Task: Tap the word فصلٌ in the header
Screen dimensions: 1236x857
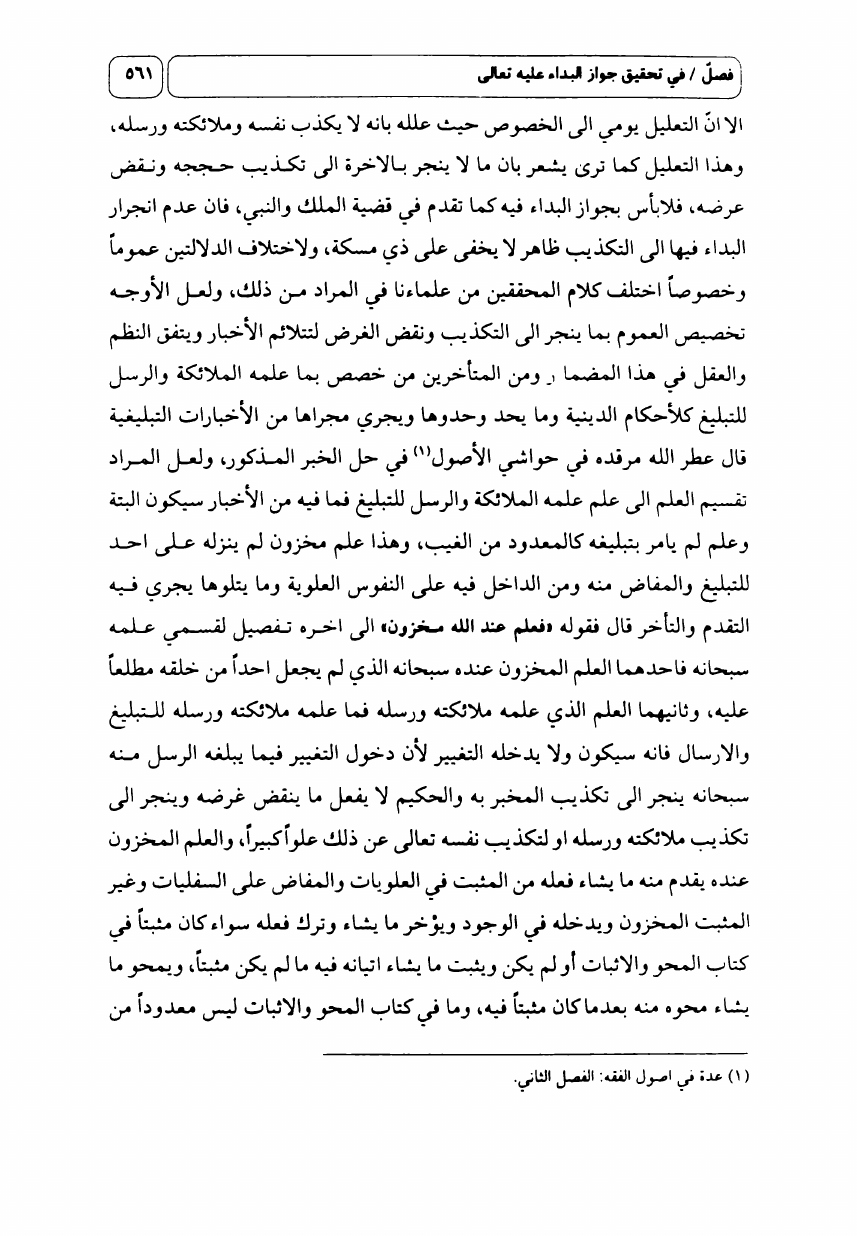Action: pyautogui.click(x=715, y=74)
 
